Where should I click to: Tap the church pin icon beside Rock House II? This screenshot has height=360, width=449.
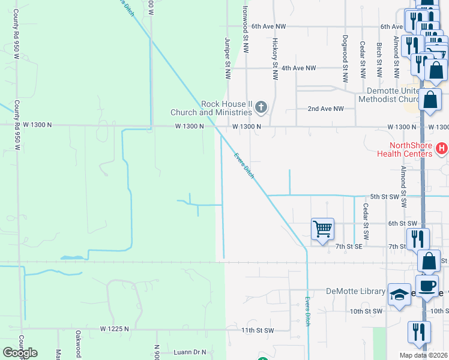point(261,108)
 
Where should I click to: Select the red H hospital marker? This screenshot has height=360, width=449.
point(442,148)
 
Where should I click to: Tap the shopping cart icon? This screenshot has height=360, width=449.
point(322,229)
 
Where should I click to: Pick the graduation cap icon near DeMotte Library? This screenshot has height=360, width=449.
point(399,295)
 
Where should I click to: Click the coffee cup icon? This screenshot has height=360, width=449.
point(427,286)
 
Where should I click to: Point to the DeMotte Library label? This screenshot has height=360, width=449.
point(355,292)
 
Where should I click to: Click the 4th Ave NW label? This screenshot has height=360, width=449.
point(298,68)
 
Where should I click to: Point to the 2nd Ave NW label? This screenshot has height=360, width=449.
point(325,109)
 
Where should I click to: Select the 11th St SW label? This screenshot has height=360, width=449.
point(257,331)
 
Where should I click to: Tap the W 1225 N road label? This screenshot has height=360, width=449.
point(115,329)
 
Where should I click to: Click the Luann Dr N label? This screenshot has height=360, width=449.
point(189,352)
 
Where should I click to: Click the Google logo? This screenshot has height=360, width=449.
point(20,352)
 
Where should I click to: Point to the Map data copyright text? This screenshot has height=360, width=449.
point(423,355)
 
